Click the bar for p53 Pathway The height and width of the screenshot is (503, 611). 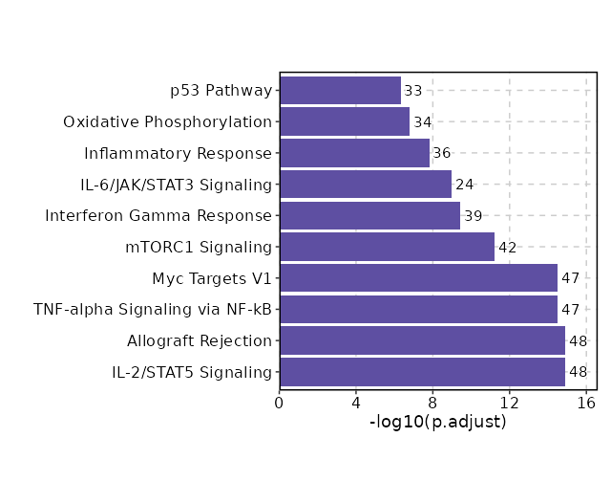point(340,91)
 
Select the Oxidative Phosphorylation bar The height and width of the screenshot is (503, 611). point(345,121)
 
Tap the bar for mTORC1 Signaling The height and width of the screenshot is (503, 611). point(387,247)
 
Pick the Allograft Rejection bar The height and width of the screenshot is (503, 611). point(422,340)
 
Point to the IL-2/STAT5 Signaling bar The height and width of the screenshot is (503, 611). point(422,372)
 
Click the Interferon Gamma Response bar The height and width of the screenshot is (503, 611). point(369,215)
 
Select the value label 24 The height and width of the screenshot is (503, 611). point(465,185)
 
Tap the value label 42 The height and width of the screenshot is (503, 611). point(507,248)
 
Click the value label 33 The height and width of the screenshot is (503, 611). point(413,91)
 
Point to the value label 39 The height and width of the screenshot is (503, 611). point(473,216)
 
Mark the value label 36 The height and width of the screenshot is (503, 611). point(442,153)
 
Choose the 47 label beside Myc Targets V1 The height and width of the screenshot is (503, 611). point(570,278)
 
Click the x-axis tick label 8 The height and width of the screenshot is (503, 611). point(432,403)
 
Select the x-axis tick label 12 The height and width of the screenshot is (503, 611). point(509,403)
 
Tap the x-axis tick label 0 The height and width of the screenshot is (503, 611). point(280,403)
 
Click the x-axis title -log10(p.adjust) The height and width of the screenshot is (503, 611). point(437,422)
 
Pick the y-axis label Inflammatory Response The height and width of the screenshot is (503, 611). point(179,153)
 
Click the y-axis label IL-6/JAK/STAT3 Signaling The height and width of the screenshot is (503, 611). point(177,185)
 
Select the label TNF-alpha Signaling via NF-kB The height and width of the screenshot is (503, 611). point(153,309)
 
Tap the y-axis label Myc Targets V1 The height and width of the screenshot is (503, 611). point(212,278)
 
